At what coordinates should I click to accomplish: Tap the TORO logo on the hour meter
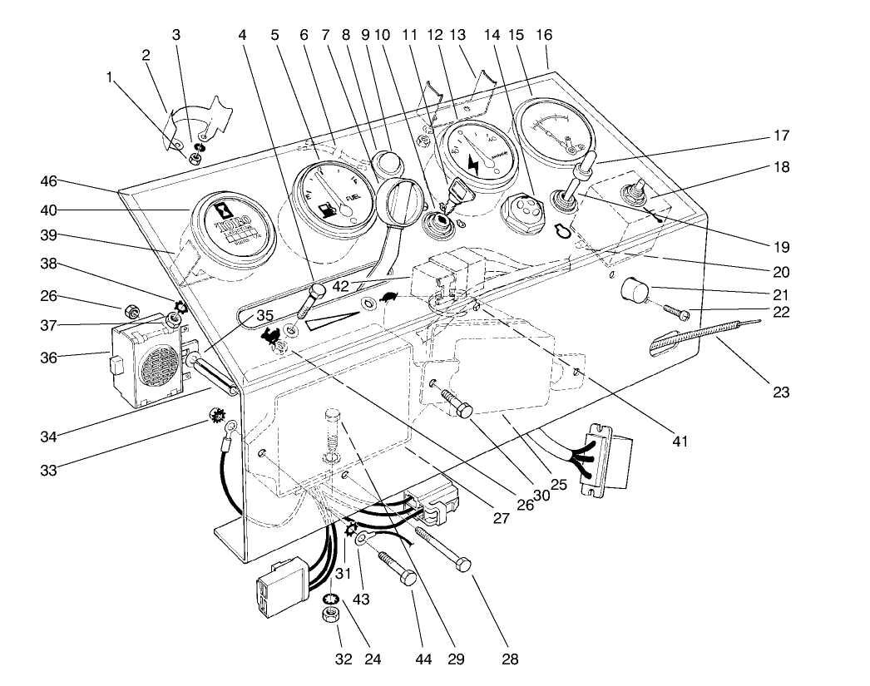pyautogui.click(x=225, y=226)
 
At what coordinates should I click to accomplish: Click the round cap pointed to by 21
pyautogui.click(x=636, y=292)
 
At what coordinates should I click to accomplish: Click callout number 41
pyautogui.click(x=680, y=441)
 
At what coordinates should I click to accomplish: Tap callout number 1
pyautogui.click(x=109, y=77)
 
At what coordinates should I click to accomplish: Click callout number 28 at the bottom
pyautogui.click(x=509, y=659)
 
